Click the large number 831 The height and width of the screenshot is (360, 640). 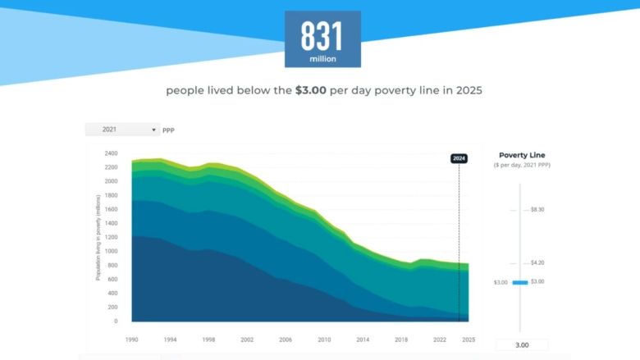click(x=322, y=35)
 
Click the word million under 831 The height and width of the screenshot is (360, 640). click(x=322, y=59)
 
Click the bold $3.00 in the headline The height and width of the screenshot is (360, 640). click(x=310, y=90)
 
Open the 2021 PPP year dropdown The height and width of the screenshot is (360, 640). click(x=122, y=130)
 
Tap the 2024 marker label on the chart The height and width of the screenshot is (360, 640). click(x=459, y=158)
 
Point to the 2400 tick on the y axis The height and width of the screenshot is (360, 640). click(x=112, y=153)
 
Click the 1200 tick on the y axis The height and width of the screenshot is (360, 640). click(x=112, y=238)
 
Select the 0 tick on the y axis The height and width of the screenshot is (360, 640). click(x=116, y=321)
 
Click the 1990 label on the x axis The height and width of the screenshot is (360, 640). click(x=130, y=339)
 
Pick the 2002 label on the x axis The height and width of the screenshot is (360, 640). click(x=248, y=339)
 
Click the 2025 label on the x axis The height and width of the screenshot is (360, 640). click(x=469, y=339)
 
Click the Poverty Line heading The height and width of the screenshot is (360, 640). click(x=522, y=155)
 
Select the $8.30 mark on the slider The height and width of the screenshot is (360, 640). click(x=537, y=210)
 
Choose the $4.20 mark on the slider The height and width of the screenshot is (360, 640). click(x=537, y=263)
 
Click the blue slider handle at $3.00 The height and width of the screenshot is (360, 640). click(x=519, y=282)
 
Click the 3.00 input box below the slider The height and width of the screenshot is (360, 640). click(x=522, y=345)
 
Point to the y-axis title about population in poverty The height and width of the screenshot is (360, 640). click(x=98, y=239)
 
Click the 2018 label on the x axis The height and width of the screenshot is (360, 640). click(x=400, y=339)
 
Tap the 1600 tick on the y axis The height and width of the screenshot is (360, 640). click(x=112, y=209)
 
